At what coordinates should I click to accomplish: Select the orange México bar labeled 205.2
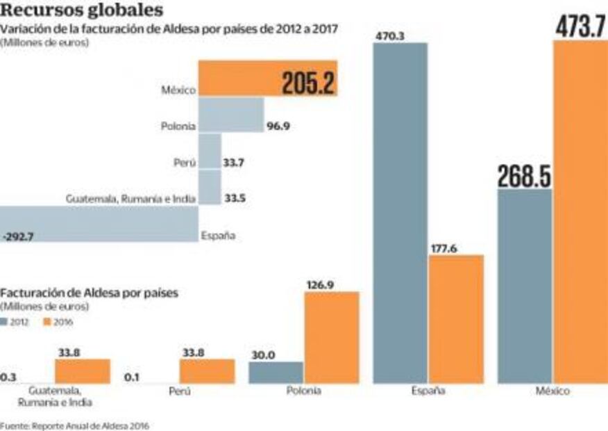point(268,78)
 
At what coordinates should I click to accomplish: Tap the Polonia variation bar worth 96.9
point(231,115)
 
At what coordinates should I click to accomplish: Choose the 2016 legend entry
point(58,322)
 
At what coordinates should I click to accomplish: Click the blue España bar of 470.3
point(400,212)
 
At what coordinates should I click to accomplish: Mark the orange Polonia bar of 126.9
point(332,337)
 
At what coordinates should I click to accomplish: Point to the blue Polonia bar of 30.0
point(276,372)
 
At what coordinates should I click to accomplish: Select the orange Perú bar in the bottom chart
point(207,371)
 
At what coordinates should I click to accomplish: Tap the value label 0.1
point(131,376)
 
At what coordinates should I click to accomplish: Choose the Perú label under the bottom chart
point(179,391)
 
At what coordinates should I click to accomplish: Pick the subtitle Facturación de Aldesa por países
point(90,293)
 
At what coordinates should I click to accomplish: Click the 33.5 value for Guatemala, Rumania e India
point(235,198)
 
